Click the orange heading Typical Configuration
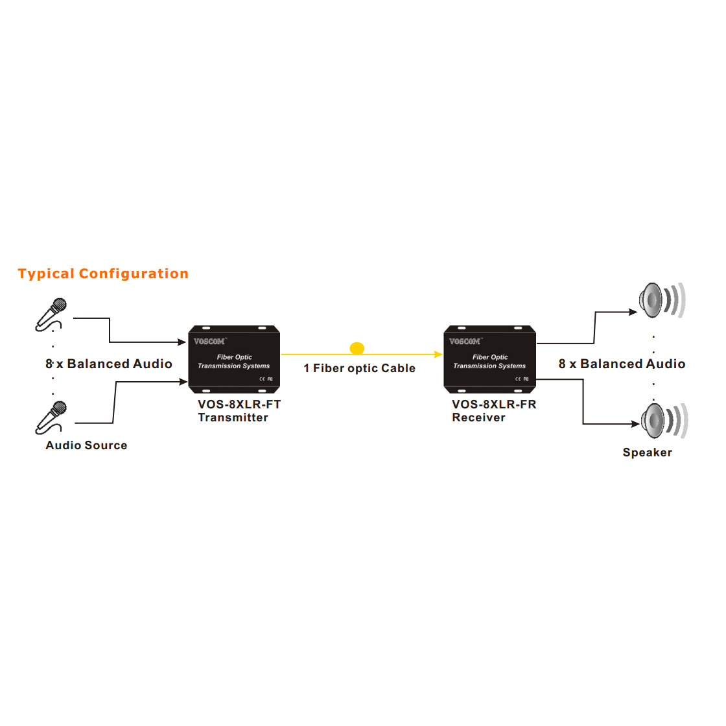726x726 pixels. [x=103, y=274]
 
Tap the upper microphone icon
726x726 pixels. [x=51, y=314]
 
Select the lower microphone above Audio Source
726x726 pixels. [x=51, y=417]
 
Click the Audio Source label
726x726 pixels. [x=86, y=445]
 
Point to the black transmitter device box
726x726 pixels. [x=234, y=359]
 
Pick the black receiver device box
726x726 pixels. [x=489, y=359]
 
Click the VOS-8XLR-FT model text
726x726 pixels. [x=239, y=404]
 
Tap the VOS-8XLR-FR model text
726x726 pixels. [x=494, y=404]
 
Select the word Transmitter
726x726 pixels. [x=233, y=418]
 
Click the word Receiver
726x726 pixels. [x=478, y=418]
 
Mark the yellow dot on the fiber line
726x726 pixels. [x=357, y=349]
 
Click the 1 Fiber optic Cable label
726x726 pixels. [x=359, y=368]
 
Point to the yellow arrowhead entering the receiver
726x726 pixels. [x=439, y=355]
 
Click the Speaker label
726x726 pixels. [x=647, y=452]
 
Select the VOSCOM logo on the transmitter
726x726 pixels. [x=209, y=342]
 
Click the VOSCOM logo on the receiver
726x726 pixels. [x=465, y=342]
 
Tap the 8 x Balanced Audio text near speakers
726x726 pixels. [x=622, y=364]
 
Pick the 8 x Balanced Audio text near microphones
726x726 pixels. [x=109, y=364]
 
